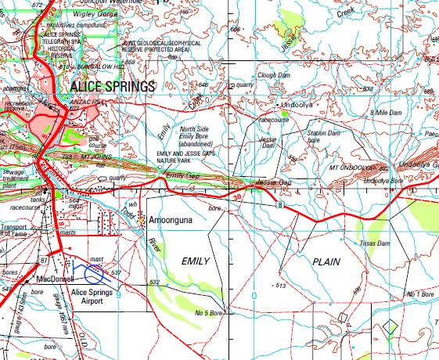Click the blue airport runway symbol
pyautogui.click(x=94, y=274)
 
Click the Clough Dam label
pyautogui.click(x=273, y=75)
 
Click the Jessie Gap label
pyautogui.click(x=274, y=182)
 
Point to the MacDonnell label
pyautogui.click(x=55, y=279)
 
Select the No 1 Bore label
pyautogui.click(x=419, y=293)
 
